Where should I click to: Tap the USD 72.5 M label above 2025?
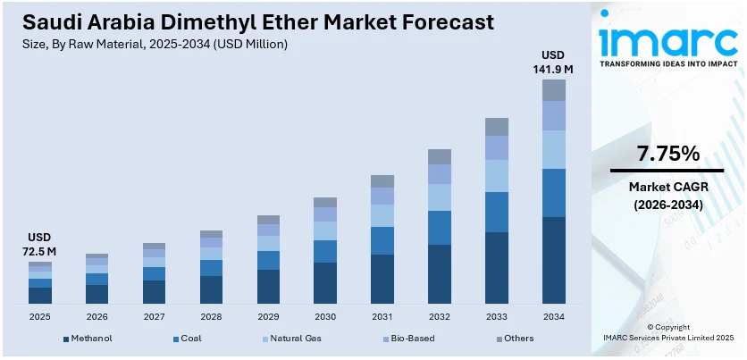point(41,244)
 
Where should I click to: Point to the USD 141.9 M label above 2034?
point(555,61)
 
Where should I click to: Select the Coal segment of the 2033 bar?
point(497,212)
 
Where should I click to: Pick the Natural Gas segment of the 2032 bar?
point(440,197)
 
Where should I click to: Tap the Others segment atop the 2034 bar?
point(555,89)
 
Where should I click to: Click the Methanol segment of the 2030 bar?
point(325,283)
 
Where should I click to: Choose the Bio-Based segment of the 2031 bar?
point(382,196)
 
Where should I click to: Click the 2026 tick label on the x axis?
point(97,317)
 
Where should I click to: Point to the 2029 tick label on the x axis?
point(268,317)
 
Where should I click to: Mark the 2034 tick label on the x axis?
point(555,317)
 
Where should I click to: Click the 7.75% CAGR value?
point(667,154)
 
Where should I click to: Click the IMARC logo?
point(668,40)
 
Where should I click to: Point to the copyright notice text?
point(668,333)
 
